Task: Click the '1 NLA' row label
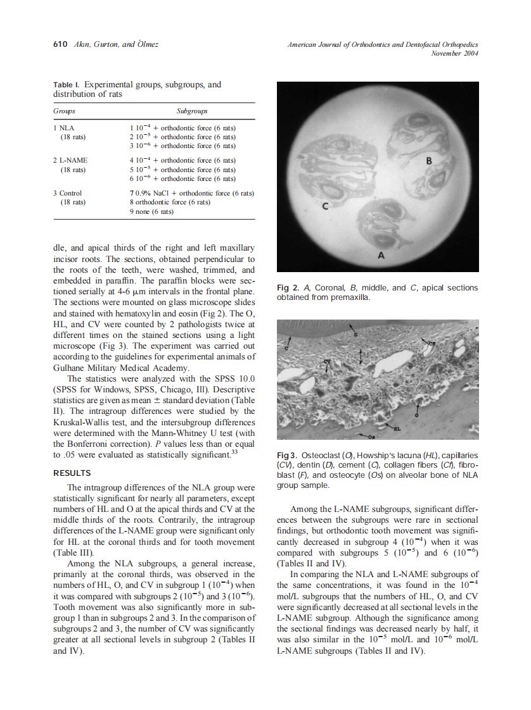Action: (65, 127)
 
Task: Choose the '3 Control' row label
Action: (68, 193)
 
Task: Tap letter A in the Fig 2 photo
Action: (381, 255)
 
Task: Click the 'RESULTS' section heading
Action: (72, 473)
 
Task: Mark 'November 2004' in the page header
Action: (454, 54)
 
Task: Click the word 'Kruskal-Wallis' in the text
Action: (80, 420)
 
